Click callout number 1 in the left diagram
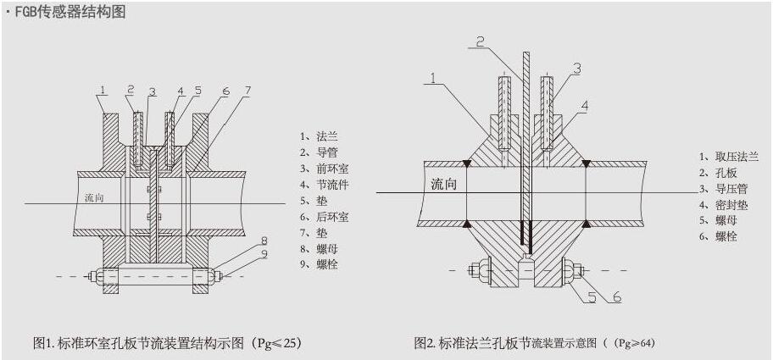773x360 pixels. (102, 89)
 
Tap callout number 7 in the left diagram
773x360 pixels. (247, 90)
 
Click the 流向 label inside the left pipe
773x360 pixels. (95, 197)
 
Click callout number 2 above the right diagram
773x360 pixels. (479, 41)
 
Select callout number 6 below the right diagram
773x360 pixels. (617, 296)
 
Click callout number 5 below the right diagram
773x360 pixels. (592, 296)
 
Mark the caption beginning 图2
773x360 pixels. (534, 343)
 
